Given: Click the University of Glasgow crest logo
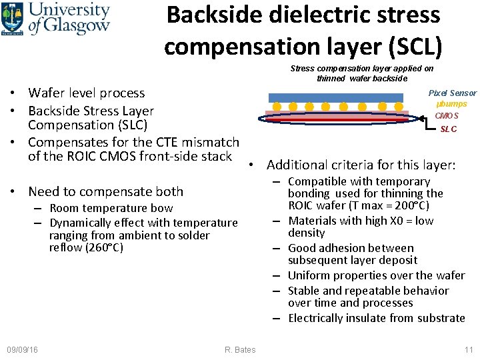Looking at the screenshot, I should click(13, 18).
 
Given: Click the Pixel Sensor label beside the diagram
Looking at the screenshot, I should click(452, 93).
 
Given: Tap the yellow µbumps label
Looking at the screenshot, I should click(452, 104).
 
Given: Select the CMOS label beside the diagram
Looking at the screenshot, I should click(447, 116).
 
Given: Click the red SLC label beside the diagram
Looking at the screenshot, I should click(449, 129).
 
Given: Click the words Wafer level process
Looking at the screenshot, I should click(87, 93).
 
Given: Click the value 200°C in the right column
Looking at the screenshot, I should click(410, 205).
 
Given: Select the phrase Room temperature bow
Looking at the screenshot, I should click(111, 209).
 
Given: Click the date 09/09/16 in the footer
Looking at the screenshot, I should click(22, 350).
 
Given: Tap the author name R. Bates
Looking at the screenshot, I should click(240, 350).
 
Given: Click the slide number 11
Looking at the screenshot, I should click(469, 350).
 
